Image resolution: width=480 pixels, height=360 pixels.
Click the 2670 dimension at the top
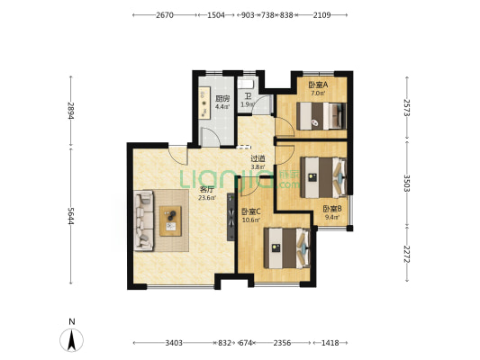[x=165, y=15]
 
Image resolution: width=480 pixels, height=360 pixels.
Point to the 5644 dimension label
[x=71, y=216]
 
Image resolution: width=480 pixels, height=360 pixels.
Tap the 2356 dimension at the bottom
[x=282, y=343]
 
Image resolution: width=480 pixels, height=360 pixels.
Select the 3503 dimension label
[x=407, y=183]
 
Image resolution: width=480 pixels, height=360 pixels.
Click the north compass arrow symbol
[x=72, y=340]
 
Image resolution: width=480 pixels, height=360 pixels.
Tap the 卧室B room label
[x=332, y=209]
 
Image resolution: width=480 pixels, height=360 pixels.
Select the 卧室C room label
[x=251, y=211]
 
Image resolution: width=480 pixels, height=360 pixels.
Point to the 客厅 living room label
[x=206, y=190]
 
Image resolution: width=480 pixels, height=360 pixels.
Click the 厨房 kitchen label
[x=222, y=98]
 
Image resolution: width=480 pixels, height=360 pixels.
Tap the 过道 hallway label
[x=258, y=158]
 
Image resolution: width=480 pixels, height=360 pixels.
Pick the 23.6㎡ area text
[x=207, y=198]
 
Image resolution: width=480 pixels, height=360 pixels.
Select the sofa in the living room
[x=143, y=220]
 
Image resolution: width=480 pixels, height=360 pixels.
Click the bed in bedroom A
[x=322, y=116]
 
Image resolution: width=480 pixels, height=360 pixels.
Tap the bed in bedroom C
[x=287, y=248]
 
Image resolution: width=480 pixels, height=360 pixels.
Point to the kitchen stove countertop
[x=204, y=103]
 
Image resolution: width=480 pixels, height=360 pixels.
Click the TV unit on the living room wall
[x=231, y=217]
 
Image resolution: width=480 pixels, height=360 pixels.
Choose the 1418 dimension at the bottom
[x=330, y=343]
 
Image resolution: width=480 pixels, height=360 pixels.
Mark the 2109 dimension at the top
[x=322, y=15]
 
